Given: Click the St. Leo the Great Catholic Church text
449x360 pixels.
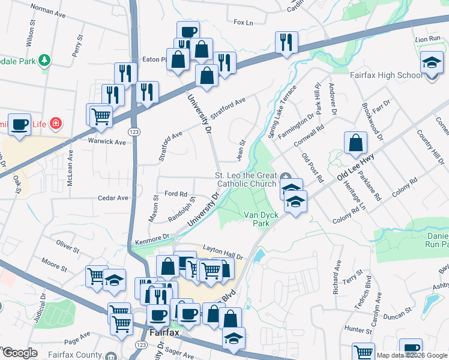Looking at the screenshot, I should coord(246,179).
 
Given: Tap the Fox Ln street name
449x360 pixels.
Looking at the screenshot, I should coord(243,22).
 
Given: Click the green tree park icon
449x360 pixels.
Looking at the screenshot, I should coord(44,61).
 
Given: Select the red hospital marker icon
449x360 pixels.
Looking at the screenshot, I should coord(56,124).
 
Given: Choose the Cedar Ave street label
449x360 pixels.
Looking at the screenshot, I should coord(113,197).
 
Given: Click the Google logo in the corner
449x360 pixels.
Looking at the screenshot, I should coord(19,353).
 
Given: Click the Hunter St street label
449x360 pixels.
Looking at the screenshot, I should coord(359,329).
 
